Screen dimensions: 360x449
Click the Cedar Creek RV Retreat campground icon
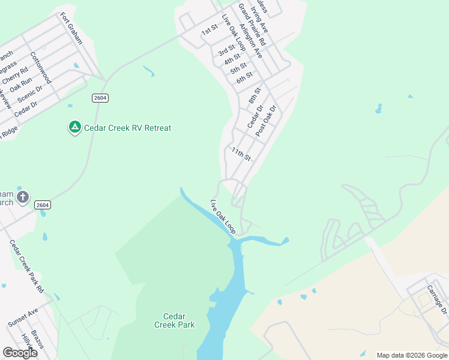tap(74, 128)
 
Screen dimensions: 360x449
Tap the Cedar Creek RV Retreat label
tap(127, 128)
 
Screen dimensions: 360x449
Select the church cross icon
tap(23, 197)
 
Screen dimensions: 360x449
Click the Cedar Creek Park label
tap(175, 320)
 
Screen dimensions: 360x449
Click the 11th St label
tap(241, 154)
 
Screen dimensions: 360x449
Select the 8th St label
tap(255, 95)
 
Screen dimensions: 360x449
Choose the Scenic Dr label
tap(30, 95)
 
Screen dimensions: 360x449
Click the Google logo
tap(20, 353)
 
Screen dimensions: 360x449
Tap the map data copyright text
tap(412, 355)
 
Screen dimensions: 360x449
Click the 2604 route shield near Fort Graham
tap(100, 98)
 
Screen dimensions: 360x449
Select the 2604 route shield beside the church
tap(43, 205)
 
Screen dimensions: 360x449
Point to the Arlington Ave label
tap(250, 41)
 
